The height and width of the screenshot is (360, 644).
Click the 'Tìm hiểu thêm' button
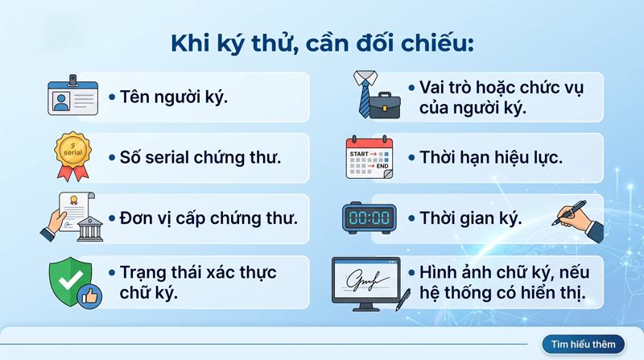583,344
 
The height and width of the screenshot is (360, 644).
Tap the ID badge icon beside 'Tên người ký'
72,95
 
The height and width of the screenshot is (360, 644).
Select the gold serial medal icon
73,156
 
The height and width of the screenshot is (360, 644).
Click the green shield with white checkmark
70,282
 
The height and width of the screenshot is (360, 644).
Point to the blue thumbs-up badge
90,296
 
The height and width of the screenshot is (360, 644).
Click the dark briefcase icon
385,106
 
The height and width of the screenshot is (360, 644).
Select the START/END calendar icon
369,157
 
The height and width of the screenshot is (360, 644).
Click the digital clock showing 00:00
369,217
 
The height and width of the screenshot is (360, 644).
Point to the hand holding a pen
578,221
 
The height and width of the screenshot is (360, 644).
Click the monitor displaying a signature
366,283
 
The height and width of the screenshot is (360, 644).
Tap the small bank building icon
90,229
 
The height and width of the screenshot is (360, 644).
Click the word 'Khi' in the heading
191,43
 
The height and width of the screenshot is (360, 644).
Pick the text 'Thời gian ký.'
471,218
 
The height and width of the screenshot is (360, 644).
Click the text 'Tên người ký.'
174,97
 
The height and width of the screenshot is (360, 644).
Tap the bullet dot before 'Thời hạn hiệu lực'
411,158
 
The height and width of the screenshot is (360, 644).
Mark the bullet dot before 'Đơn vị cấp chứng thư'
112,218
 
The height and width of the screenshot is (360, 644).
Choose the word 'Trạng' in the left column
143,273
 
